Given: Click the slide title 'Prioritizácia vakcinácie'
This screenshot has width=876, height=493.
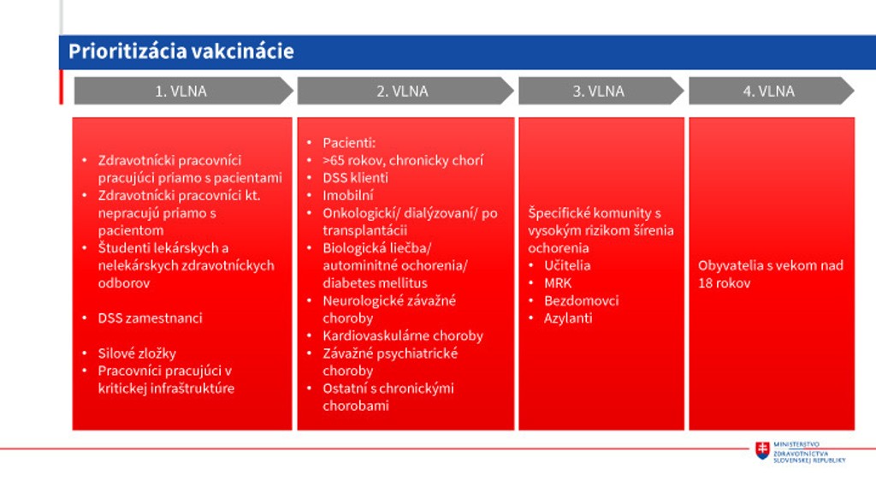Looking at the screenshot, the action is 181,51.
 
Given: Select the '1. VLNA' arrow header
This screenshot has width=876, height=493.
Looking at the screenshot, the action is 183,91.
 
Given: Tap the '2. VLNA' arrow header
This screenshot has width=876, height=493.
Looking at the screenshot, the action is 405,91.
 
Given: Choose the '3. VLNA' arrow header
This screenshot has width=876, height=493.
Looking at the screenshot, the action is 601,91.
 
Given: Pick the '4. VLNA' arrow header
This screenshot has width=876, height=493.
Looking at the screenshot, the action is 772,91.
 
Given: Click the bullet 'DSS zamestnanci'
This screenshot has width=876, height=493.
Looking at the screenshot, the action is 150,318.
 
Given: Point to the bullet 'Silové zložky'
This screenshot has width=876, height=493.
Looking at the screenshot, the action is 137,353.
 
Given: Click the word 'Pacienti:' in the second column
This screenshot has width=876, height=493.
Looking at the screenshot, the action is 349,143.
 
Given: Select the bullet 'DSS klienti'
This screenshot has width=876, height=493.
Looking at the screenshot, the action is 355,178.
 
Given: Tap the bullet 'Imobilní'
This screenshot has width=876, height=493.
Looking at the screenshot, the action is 348,196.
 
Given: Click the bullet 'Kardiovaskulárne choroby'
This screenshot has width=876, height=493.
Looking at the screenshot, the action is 403,336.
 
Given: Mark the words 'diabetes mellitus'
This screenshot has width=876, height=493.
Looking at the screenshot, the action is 375,282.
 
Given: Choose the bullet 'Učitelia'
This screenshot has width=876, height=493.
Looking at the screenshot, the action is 567,265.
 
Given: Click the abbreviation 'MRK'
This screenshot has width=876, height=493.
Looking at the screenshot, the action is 558,283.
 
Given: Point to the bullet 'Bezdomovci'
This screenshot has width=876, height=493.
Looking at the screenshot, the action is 581,300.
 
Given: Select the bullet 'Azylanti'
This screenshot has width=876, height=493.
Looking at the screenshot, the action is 568,318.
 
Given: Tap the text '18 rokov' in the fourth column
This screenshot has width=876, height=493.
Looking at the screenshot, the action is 724,283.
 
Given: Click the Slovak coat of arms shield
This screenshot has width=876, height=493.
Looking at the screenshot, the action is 762,450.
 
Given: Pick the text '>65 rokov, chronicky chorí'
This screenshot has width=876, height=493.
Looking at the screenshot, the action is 403,160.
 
